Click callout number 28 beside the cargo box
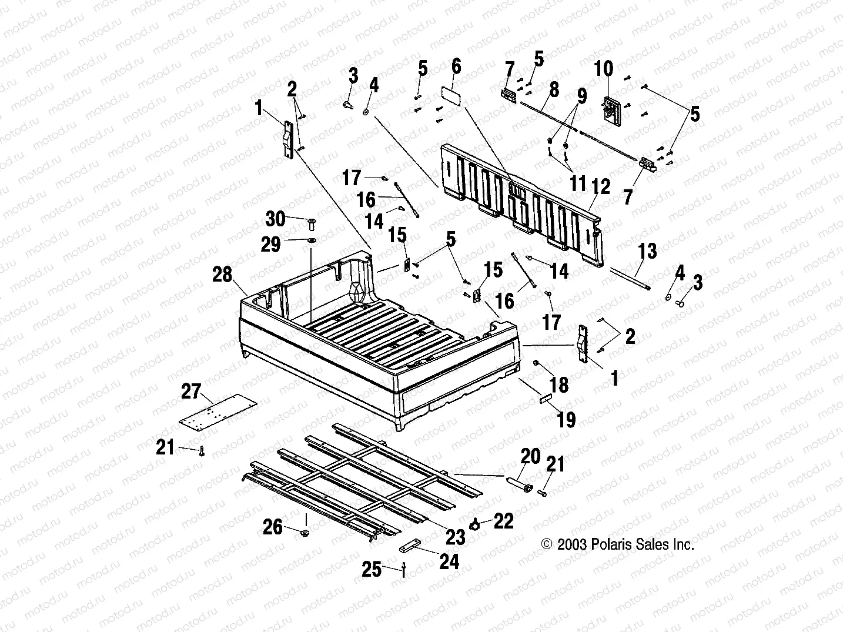[223, 274]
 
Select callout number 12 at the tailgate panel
[601, 186]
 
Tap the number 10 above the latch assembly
[603, 69]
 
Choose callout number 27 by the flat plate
[191, 391]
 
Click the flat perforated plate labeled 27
[219, 410]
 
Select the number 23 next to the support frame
[456, 536]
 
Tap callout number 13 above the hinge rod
[647, 252]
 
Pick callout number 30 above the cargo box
[275, 219]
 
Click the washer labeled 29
[311, 240]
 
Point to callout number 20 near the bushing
[530, 456]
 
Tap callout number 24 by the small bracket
[449, 562]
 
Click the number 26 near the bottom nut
[273, 527]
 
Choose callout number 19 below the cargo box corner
[566, 419]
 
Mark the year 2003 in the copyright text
[572, 544]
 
